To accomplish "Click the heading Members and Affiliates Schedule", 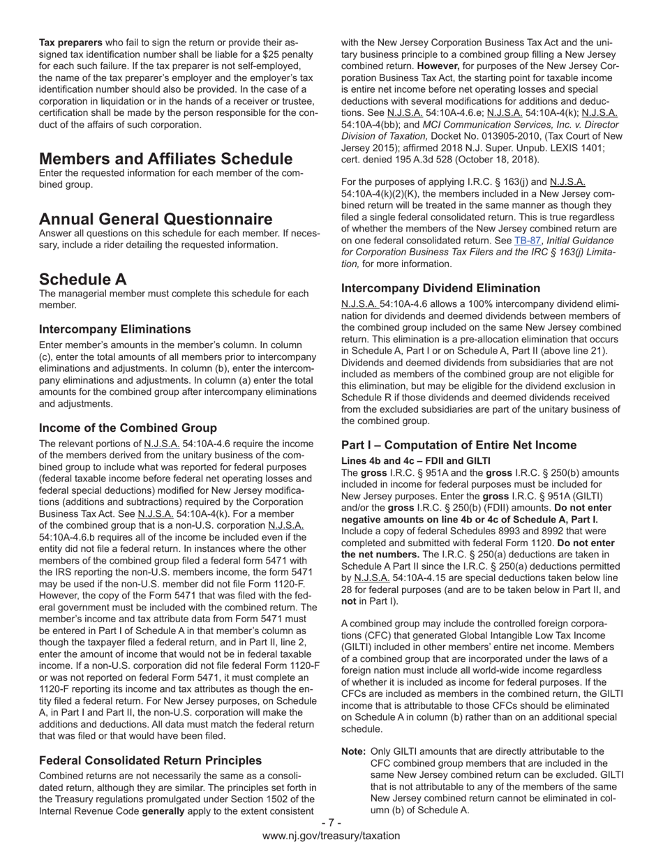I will click(165, 159).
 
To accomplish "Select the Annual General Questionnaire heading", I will click(156, 219).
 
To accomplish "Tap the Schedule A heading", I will click(83, 279).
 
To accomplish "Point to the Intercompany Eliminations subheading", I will click(114, 329).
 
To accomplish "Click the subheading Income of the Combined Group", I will click(128, 428).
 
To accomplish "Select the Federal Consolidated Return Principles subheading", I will click(150, 760).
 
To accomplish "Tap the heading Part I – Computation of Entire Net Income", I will click(459, 445).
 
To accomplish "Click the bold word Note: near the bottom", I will click(354, 751).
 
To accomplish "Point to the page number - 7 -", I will click(331, 823).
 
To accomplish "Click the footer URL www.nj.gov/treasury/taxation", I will click(331, 836).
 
